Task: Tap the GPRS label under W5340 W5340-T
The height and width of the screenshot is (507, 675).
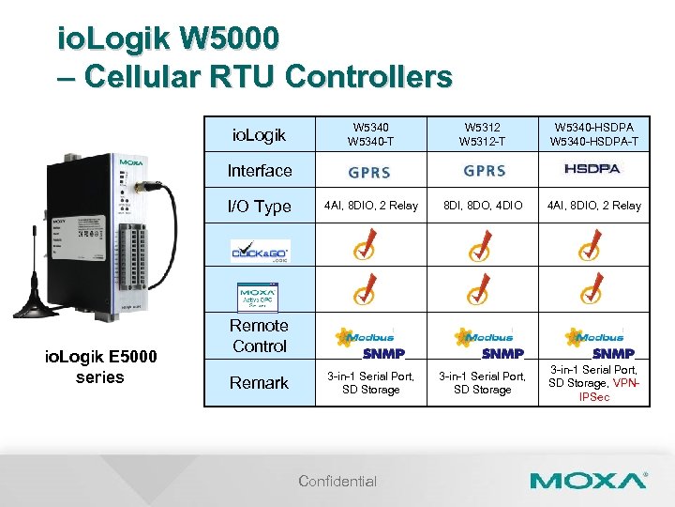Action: (x=369, y=172)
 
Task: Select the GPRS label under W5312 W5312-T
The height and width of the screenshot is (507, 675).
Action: (x=484, y=171)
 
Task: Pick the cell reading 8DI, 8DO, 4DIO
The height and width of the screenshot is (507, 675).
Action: (x=484, y=206)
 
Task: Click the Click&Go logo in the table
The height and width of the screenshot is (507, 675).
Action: (x=260, y=252)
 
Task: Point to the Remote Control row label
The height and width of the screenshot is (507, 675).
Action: (x=259, y=336)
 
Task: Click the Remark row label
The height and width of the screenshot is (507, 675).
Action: (x=259, y=383)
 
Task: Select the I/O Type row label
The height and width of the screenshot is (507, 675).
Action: (x=259, y=207)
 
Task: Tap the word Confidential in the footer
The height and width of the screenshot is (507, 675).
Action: (x=337, y=482)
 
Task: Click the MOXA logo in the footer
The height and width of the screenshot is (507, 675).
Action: (x=588, y=482)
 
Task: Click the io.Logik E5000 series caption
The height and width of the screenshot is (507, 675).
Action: (x=99, y=366)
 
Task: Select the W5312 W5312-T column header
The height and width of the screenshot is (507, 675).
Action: (x=484, y=134)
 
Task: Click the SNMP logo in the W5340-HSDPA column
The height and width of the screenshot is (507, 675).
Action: (x=613, y=353)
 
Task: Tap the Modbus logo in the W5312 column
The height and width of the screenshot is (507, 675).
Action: (x=484, y=336)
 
